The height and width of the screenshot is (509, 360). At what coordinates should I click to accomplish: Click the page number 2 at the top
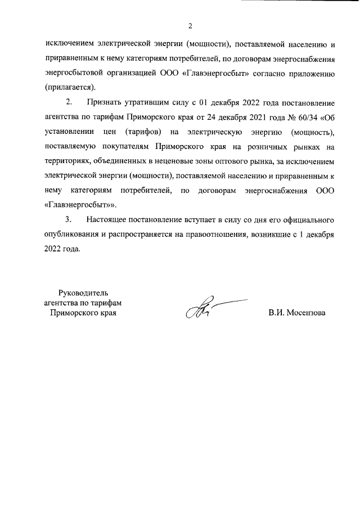[x=190, y=25]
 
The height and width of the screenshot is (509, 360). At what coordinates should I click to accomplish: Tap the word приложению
[x=313, y=73]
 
